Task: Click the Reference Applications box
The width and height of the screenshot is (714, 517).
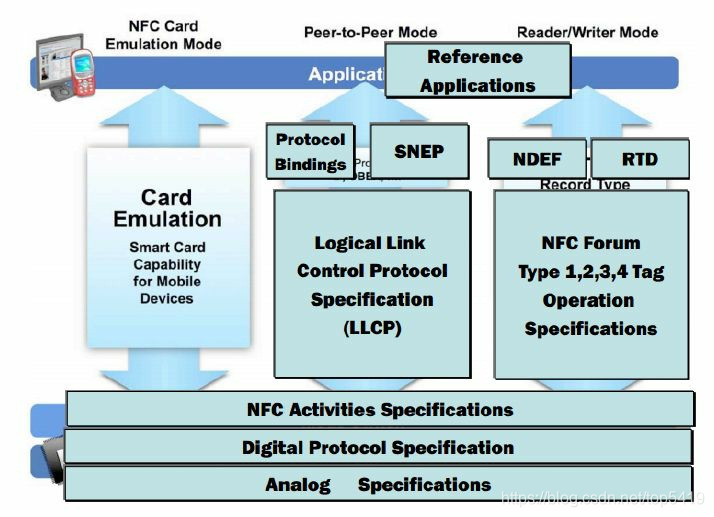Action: click(x=477, y=70)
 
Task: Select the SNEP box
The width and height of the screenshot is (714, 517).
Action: click(x=419, y=151)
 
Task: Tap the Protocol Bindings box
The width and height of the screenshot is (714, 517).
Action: click(x=310, y=152)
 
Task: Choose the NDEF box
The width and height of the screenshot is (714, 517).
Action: click(x=537, y=159)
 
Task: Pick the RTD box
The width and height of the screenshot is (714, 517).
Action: click(x=639, y=159)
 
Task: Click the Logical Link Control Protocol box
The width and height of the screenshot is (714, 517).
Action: click(x=372, y=284)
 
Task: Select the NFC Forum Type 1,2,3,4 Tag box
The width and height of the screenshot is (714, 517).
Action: click(x=591, y=284)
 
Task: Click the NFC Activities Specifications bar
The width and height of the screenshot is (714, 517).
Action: click(x=379, y=409)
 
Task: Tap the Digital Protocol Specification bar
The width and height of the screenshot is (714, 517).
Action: click(x=378, y=447)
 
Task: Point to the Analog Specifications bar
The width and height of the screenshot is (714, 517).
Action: click(x=378, y=484)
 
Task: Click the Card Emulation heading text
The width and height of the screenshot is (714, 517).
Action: click(x=167, y=208)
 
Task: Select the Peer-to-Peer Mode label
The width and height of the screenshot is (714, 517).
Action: click(x=370, y=32)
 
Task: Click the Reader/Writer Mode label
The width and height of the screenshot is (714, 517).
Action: click(x=587, y=32)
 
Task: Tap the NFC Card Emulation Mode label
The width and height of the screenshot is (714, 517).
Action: click(x=163, y=35)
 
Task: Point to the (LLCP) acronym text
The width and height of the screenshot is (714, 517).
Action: click(x=371, y=328)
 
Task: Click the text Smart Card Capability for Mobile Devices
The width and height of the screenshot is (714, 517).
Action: click(x=167, y=272)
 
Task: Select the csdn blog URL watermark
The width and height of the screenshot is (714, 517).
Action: click(x=604, y=496)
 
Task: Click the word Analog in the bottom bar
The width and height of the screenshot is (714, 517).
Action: click(x=297, y=485)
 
